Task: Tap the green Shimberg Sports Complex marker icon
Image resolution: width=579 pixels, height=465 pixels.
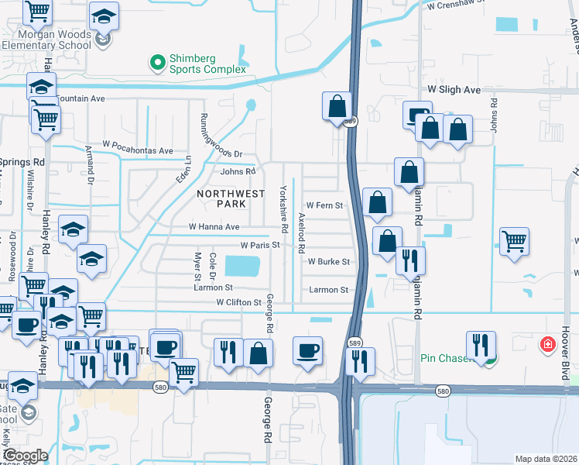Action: [x=158, y=60]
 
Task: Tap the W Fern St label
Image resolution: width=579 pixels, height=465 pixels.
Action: [x=324, y=205]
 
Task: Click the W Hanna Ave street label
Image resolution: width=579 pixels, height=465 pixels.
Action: [x=214, y=227]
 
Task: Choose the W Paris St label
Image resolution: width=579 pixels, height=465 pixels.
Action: [x=259, y=245]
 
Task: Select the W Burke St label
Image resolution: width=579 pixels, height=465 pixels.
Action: [x=329, y=263]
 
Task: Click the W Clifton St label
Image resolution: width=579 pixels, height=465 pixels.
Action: [x=238, y=302]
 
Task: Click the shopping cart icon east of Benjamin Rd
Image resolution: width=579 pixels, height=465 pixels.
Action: [x=514, y=242]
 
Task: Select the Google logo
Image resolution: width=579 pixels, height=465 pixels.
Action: [x=26, y=456]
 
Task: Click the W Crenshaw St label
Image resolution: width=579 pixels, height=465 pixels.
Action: [x=464, y=5]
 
